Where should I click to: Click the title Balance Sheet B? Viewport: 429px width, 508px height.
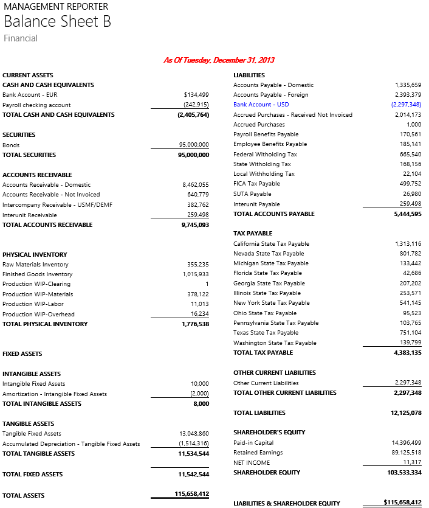57,22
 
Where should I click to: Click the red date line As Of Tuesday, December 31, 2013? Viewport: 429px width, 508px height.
219,60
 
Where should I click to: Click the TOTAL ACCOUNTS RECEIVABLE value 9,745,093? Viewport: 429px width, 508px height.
195,224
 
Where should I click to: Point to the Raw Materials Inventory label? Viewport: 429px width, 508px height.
35,265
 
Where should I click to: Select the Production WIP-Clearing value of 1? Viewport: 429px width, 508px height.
207,284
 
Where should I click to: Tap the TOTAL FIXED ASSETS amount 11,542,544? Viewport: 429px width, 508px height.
193,474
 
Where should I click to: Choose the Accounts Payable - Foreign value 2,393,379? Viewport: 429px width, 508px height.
408,95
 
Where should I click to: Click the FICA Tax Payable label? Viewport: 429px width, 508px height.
256,184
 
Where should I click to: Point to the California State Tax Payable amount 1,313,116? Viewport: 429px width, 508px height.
408,244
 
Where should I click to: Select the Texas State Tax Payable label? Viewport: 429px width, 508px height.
266,333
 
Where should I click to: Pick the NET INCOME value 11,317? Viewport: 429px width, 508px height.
412,462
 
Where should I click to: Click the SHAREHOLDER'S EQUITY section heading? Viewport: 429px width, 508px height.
269,433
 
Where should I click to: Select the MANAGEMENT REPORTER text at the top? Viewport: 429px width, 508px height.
56,7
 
